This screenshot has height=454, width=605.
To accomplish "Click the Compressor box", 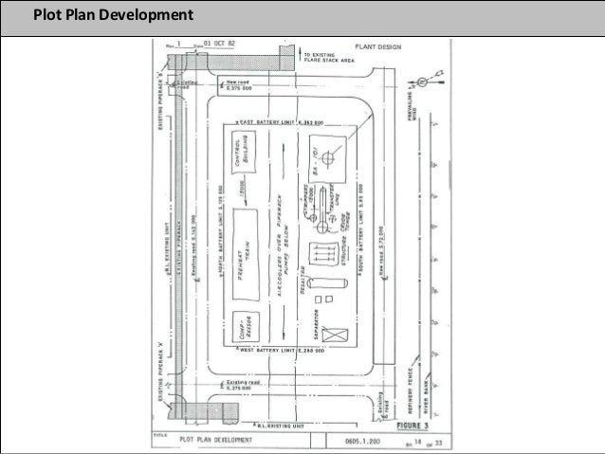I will tap(243, 326).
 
